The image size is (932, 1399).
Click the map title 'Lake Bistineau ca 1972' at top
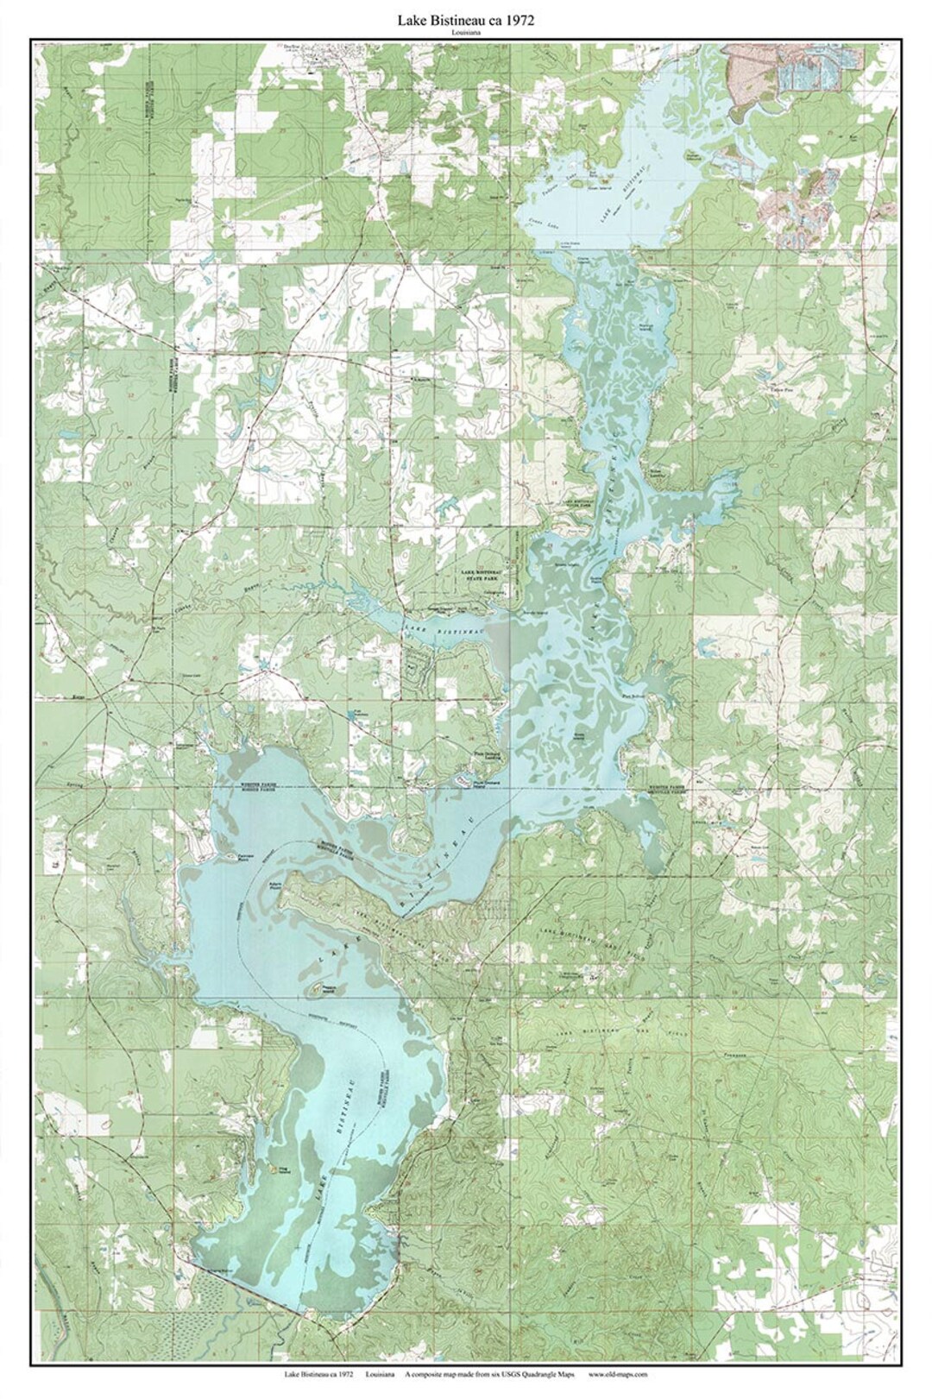466,22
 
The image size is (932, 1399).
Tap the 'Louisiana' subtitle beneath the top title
466,34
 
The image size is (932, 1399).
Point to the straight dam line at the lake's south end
250,1288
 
